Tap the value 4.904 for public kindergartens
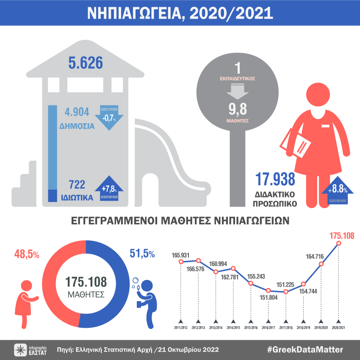[77, 112]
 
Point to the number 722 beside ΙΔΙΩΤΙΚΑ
[77, 184]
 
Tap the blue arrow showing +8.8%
[337, 191]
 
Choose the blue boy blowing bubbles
[146, 301]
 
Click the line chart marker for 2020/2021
[338, 243]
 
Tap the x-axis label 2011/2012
[181, 327]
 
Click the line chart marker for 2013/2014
[216, 272]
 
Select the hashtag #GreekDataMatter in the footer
[305, 349]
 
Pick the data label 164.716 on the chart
[314, 255]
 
